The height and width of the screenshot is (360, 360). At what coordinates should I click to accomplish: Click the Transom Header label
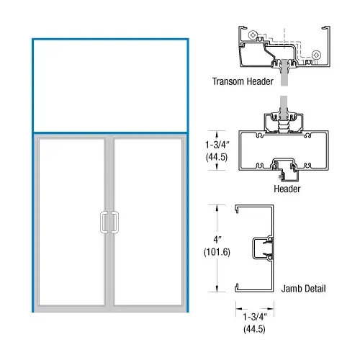pos(243,82)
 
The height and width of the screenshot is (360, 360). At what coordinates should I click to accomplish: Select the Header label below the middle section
pos(287,189)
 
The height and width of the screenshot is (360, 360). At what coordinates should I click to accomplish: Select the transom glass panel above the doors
pos(110,85)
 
